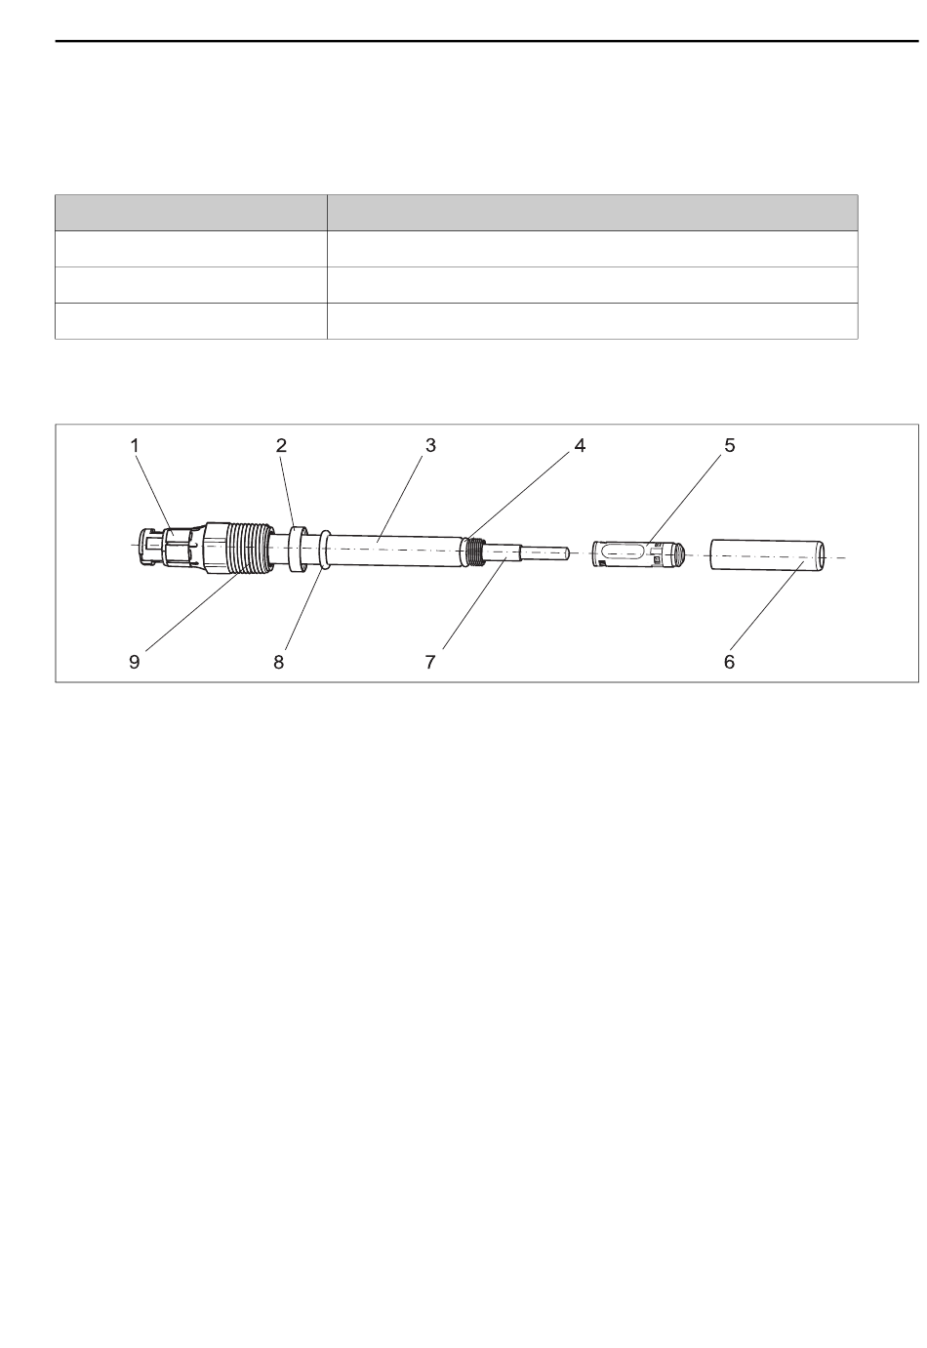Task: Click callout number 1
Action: [x=135, y=446]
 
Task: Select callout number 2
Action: [x=281, y=446]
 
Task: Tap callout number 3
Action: [x=430, y=446]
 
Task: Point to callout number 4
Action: [x=580, y=446]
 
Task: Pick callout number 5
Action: [x=729, y=446]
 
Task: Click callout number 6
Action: [x=729, y=662]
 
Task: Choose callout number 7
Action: [x=430, y=662]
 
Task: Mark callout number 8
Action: [x=278, y=662]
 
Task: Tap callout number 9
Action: [x=134, y=662]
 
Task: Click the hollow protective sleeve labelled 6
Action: [x=768, y=554]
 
